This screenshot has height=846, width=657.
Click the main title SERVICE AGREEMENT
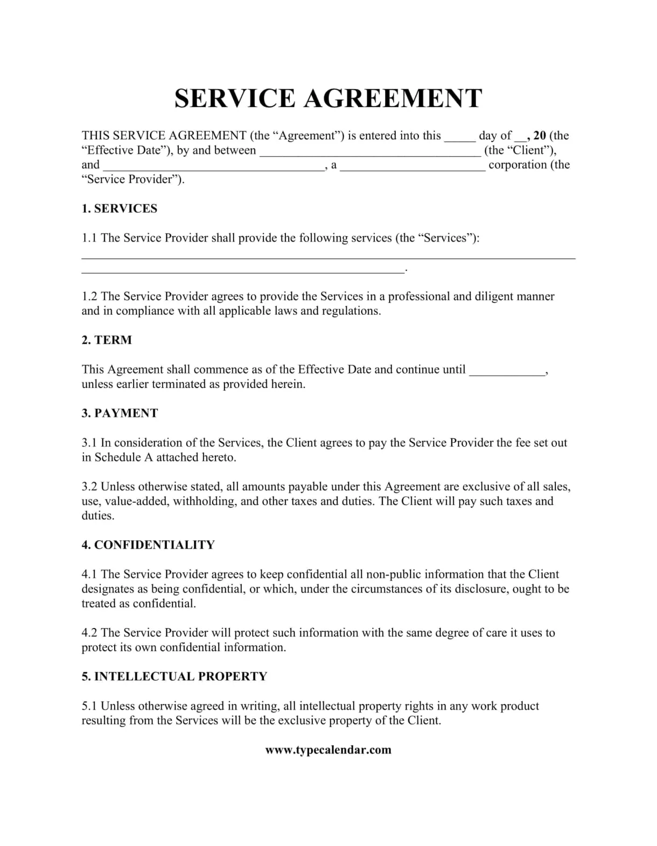point(328,98)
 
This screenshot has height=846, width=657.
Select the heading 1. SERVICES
point(120,209)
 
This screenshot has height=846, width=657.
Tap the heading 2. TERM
point(107,340)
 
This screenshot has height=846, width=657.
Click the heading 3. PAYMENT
point(120,413)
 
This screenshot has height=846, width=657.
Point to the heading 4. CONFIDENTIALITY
point(148,545)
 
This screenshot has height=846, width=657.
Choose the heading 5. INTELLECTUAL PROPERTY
point(174,676)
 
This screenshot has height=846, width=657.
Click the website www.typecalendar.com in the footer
point(328,750)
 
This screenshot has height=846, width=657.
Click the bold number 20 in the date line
point(540,136)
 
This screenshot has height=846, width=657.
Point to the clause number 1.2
point(89,297)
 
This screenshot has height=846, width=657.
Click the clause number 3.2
point(89,487)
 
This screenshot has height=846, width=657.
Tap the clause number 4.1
point(89,574)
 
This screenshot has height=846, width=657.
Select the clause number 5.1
point(89,706)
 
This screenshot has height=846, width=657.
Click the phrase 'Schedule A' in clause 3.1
point(123,457)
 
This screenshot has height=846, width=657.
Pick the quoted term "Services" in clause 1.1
point(445,238)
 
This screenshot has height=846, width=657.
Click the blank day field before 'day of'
point(459,137)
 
